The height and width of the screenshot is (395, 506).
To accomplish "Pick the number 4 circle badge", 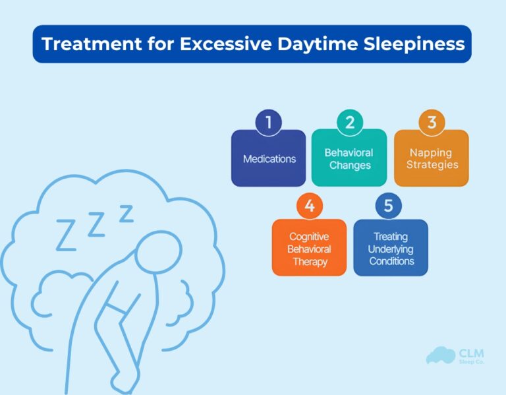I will tap(309, 206).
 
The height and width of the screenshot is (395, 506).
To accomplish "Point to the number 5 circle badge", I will tap(388, 206).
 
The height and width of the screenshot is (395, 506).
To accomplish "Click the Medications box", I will tap(268, 159).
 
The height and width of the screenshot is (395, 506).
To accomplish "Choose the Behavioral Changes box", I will tap(349, 159).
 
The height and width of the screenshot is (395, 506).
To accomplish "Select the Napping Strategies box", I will tap(431, 159).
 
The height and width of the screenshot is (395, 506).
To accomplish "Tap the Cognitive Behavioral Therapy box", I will tap(309, 248).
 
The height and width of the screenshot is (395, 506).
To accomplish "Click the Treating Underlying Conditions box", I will tap(390, 248).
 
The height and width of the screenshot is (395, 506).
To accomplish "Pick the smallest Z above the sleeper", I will tap(125, 213).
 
